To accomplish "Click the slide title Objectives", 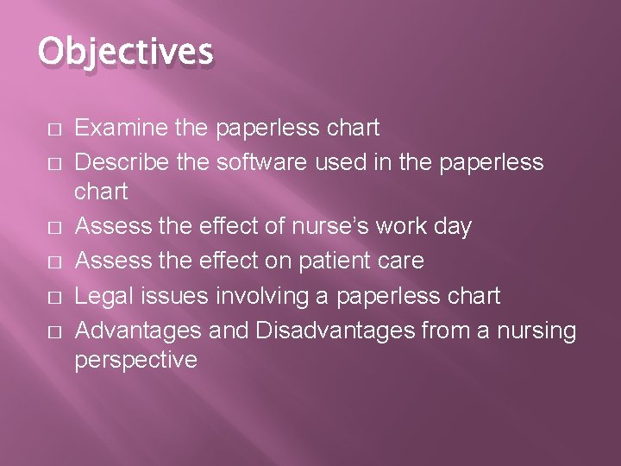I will [x=125, y=52].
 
